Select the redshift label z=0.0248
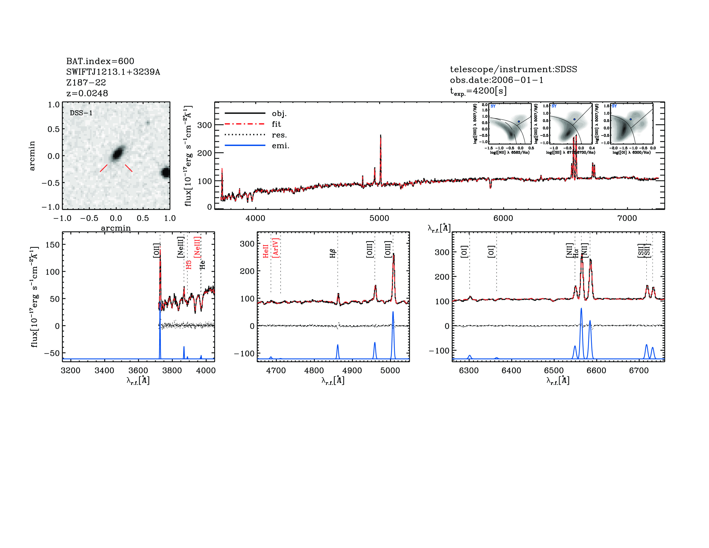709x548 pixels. (87, 93)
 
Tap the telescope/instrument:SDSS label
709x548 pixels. (513, 69)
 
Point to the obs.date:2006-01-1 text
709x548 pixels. (496, 80)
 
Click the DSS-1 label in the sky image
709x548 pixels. (81, 113)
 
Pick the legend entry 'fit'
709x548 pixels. (276, 124)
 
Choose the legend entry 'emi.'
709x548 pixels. (280, 146)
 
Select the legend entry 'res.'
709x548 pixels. (279, 135)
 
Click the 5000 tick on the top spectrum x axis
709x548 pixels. (379, 218)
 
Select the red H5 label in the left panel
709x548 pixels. (189, 265)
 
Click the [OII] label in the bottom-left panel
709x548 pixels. (156, 250)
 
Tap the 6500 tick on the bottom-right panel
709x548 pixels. (554, 370)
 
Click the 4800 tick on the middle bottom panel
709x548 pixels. (314, 370)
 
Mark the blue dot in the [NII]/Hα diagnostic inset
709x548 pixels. (519, 121)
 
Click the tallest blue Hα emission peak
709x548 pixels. (581, 309)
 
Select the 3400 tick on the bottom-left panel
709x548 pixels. (104, 370)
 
